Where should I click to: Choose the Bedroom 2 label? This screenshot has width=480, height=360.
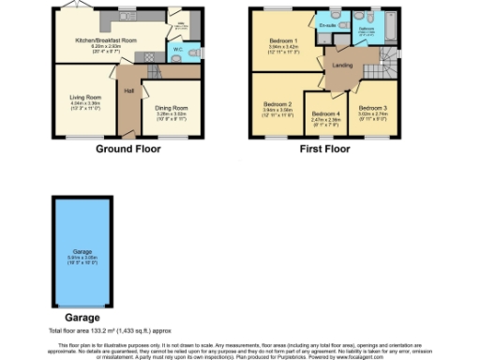pos(277,103)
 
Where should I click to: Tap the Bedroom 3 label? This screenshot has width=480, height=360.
pos(373,109)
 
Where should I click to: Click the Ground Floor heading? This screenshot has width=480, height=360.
pos(125,148)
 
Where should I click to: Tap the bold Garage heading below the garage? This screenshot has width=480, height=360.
pos(74,316)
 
